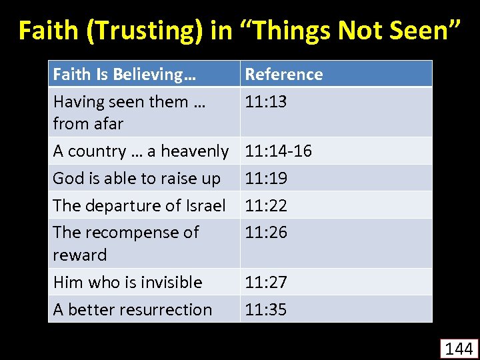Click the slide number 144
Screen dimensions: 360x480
tap(459, 348)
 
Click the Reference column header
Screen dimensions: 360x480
tap(284, 74)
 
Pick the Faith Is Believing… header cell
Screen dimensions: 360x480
tap(124, 74)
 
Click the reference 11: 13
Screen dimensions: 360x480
tap(266, 102)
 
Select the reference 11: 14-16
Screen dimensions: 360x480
tap(278, 151)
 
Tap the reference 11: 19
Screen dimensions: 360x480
tap(266, 178)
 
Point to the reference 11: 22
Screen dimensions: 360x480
tap(266, 205)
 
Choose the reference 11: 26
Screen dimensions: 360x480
tap(266, 232)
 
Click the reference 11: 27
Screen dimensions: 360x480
tap(266, 282)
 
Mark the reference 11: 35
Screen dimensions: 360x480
tap(266, 309)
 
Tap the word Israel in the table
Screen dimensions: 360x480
tap(205, 205)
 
